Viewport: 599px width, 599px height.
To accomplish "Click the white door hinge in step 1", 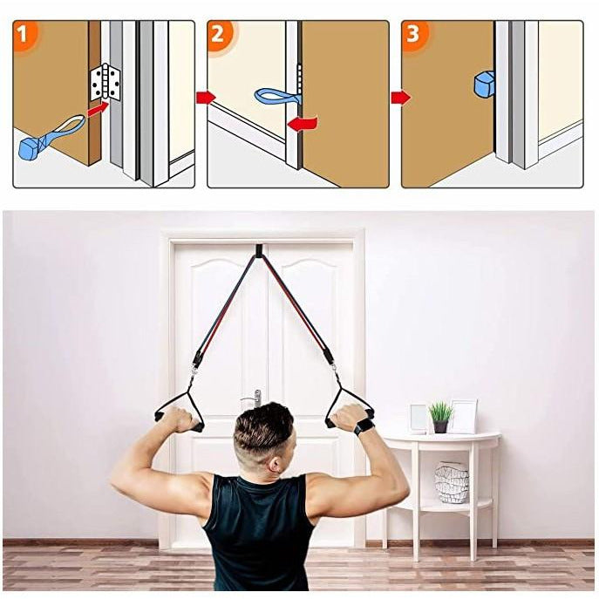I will tap(105, 82).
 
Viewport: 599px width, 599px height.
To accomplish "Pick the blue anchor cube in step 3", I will tap(483, 85).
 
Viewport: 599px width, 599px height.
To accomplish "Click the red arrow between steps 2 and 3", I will tap(399, 97).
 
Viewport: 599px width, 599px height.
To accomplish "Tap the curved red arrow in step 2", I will tap(302, 123).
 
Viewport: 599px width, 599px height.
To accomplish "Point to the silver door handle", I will tap(256, 398).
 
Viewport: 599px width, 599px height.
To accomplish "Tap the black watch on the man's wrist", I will tap(364, 426).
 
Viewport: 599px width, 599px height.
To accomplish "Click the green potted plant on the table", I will tap(440, 416).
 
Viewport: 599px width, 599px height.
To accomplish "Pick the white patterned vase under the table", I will tap(452, 482).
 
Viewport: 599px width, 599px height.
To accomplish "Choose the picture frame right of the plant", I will tap(463, 416).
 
